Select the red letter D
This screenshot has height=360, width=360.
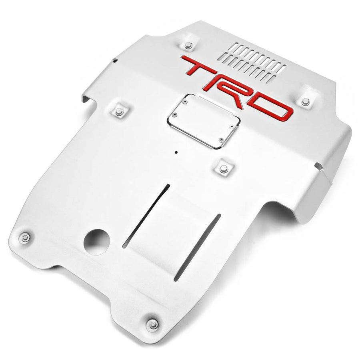pos(269,105)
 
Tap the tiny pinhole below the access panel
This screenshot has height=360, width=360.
pos(176,152)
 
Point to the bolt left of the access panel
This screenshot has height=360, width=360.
pos(119,112)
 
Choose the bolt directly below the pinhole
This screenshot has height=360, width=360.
pos(224,169)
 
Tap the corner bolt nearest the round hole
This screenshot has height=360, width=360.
pos(25,238)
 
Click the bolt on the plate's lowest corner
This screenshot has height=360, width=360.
pos(152,324)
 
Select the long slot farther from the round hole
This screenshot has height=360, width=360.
pos(198,246)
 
